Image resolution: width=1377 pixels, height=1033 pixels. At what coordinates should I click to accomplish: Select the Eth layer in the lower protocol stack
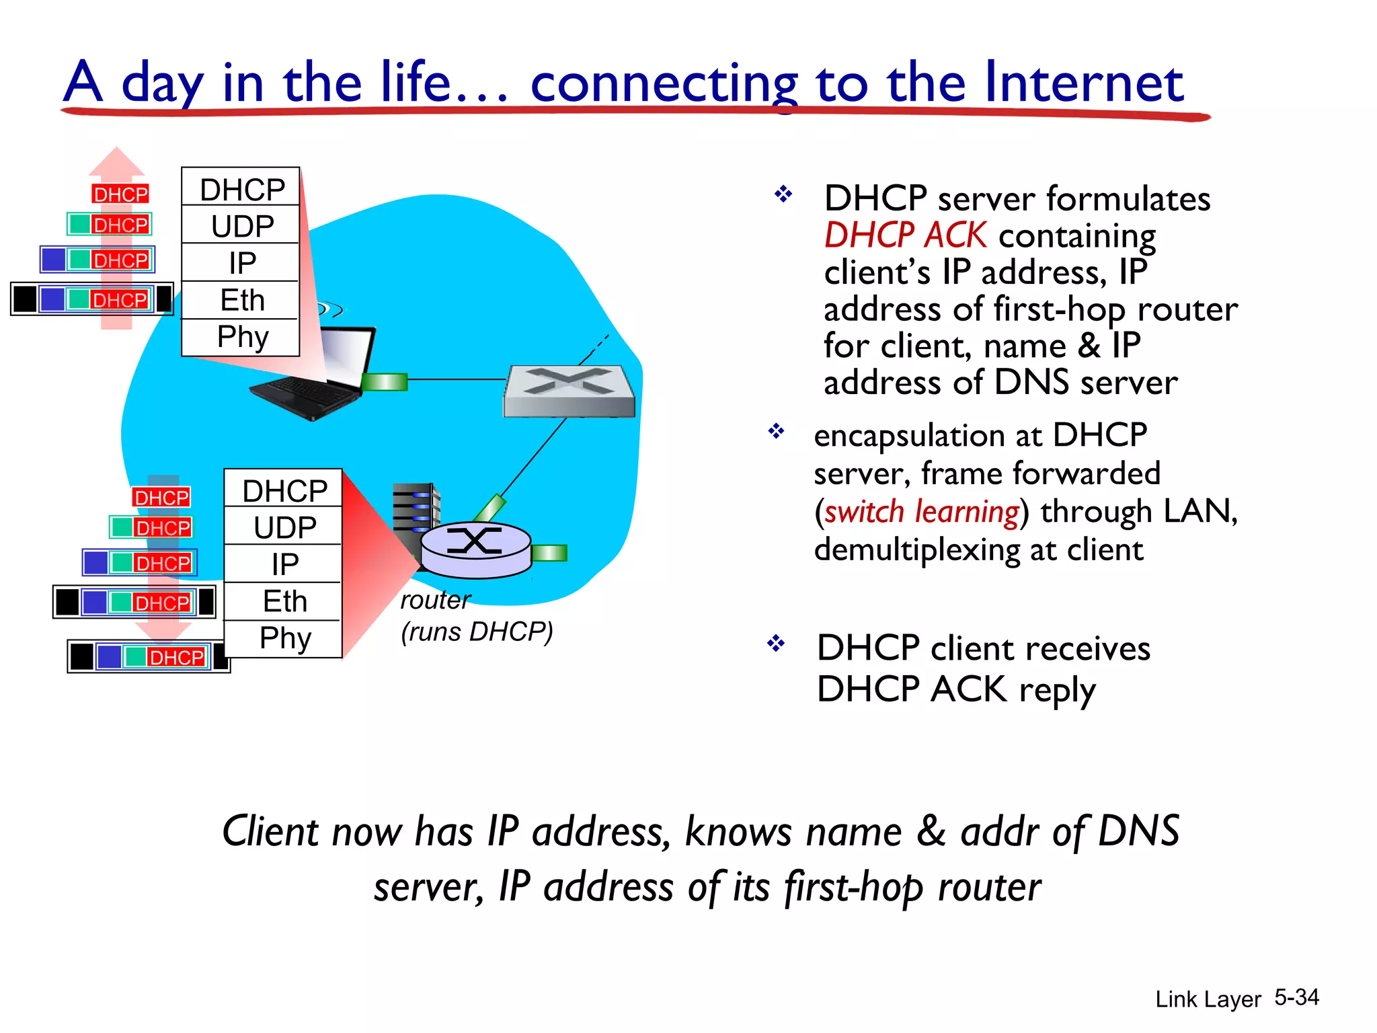point(284,601)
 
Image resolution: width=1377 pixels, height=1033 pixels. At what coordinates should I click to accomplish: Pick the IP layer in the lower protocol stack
point(284,564)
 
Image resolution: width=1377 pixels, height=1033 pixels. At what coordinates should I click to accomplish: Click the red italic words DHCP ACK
point(905,235)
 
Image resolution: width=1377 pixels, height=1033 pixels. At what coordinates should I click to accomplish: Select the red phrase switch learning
point(921,512)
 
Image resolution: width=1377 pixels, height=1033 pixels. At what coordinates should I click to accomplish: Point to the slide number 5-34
point(1296,997)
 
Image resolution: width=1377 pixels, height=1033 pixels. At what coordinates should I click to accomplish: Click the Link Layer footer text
point(1208,999)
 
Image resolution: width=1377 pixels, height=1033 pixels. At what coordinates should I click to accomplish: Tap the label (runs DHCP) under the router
point(477,632)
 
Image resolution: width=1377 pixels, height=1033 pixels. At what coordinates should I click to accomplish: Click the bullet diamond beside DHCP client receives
point(776,644)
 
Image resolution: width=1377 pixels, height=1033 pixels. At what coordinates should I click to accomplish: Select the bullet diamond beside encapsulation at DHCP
point(777,431)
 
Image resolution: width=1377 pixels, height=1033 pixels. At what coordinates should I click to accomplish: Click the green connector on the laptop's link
point(385,382)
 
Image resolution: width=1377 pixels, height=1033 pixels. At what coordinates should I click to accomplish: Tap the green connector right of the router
point(549,553)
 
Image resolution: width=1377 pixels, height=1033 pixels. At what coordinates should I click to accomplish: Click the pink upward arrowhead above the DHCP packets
point(117,161)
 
